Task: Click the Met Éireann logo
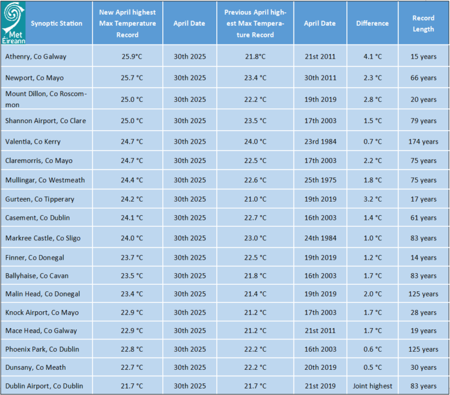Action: click(13, 23)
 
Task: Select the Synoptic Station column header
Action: click(56, 23)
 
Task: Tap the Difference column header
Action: click(372, 23)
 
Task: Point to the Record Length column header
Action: click(423, 23)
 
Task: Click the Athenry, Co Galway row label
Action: click(36, 56)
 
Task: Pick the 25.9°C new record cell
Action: click(132, 56)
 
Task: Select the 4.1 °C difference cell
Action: click(373, 56)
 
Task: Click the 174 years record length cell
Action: click(423, 141)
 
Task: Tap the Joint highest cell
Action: click(372, 386)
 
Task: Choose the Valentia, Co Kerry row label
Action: click(33, 141)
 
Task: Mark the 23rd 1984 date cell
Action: click(321, 141)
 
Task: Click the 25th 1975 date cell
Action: click(321, 180)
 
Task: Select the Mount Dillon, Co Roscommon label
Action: click(46, 99)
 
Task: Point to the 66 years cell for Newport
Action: click(423, 78)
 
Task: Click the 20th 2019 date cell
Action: click(321, 367)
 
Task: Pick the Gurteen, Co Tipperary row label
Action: click(40, 199)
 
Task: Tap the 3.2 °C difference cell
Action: click(373, 199)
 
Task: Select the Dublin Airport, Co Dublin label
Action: click(44, 386)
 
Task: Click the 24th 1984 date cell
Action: click(321, 238)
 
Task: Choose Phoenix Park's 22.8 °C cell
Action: click(132, 349)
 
